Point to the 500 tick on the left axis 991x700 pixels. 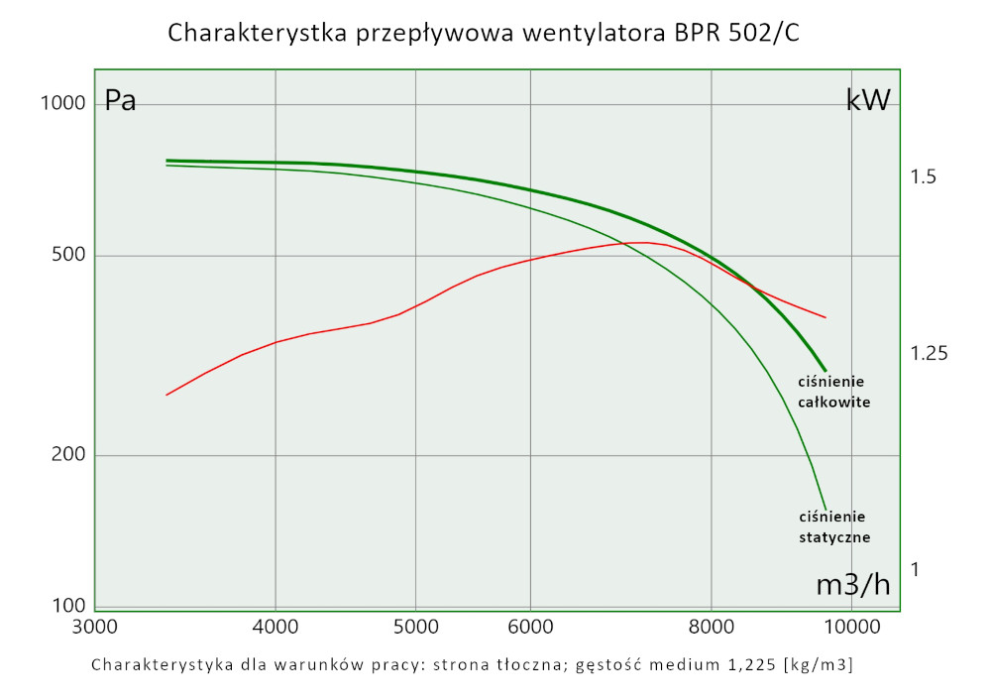[x=67, y=256]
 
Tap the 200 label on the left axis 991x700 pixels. [x=67, y=455]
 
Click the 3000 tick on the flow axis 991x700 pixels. [x=95, y=627]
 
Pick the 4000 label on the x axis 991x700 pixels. [x=275, y=627]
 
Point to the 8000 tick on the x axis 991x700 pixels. [x=712, y=627]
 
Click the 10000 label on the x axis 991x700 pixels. [x=852, y=627]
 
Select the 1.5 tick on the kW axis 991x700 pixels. [x=924, y=177]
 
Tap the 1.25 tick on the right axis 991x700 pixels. [x=929, y=354]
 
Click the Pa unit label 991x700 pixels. [x=120, y=101]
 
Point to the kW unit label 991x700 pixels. [x=868, y=99]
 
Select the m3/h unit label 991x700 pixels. [x=853, y=585]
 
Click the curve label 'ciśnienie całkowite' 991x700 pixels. [x=833, y=393]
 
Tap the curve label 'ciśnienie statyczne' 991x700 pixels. [x=833, y=527]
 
